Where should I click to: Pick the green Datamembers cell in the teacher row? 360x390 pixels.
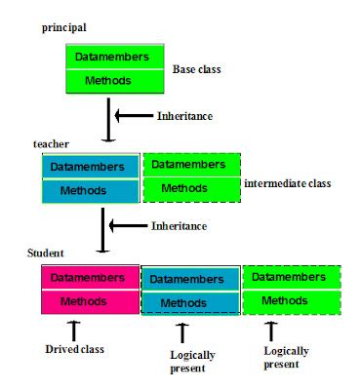191,164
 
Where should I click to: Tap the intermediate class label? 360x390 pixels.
287,182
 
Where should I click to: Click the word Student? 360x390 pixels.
46,254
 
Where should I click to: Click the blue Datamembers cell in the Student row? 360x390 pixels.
190,279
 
